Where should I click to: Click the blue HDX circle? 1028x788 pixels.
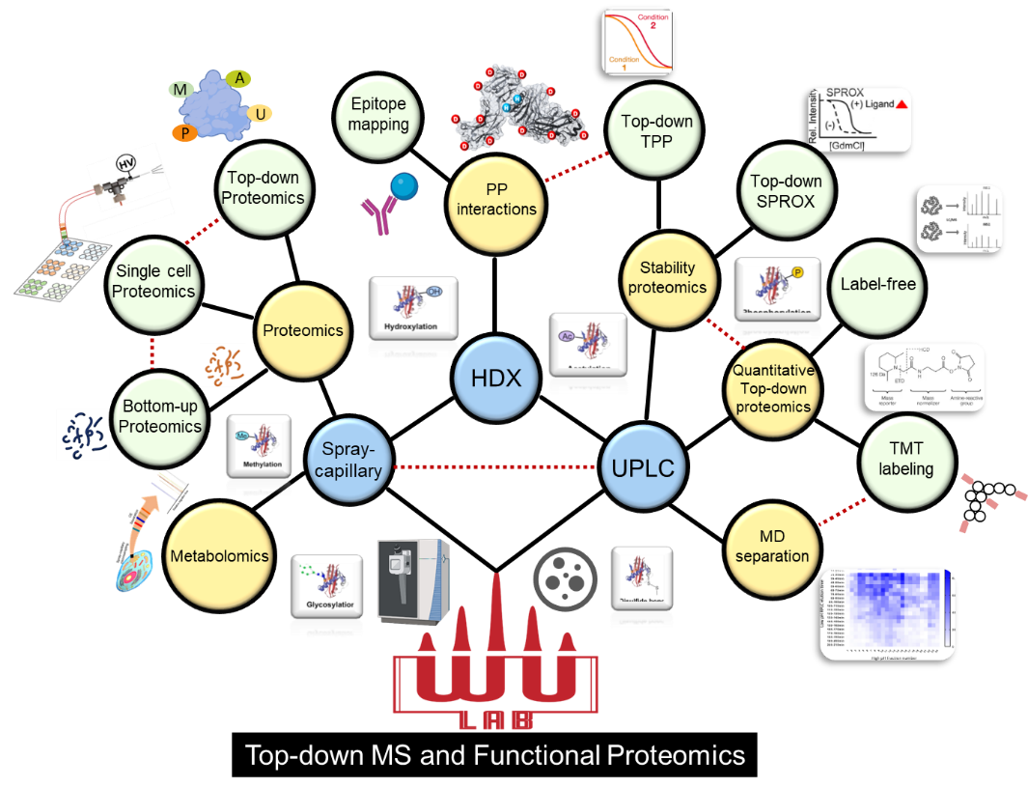(495, 379)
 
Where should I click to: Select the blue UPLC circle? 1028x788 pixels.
(642, 468)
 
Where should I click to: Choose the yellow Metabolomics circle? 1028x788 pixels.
(218, 556)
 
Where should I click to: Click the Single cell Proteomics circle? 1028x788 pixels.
(153, 281)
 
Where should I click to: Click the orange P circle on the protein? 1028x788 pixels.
(182, 133)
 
